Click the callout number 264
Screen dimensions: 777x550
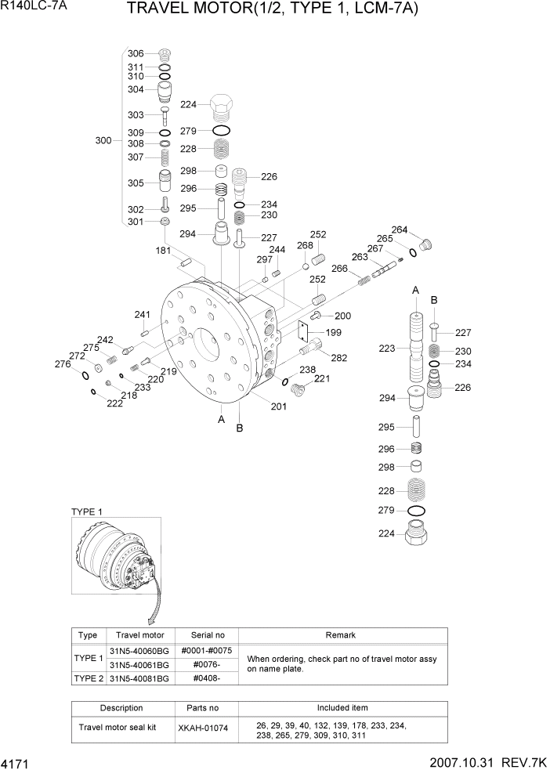point(400,229)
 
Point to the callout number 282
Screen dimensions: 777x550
point(338,358)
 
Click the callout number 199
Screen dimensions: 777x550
point(334,332)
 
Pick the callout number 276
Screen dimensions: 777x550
point(63,363)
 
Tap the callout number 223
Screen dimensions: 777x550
point(387,349)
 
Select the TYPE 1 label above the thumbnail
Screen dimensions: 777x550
point(87,511)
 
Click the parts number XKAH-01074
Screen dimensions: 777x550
point(203,728)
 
